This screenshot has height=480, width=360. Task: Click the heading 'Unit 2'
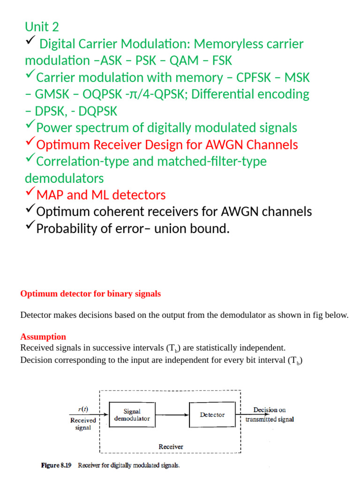tap(42, 27)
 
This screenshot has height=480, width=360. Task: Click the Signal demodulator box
tap(132, 415)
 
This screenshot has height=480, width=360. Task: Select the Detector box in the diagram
tap(212, 415)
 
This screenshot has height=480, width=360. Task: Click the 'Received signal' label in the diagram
tap(83, 424)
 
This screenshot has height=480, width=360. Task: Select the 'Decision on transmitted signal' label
tap(270, 415)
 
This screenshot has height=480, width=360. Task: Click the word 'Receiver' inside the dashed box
tap(171, 447)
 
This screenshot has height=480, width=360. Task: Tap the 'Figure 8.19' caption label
tap(56, 465)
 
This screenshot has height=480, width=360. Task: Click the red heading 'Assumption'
tap(43, 337)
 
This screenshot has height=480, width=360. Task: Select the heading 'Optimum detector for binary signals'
tap(90, 294)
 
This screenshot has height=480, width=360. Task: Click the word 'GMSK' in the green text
tap(56, 94)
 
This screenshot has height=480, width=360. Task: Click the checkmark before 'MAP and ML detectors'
tap(30, 193)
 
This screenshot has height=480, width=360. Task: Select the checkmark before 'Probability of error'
tap(30, 227)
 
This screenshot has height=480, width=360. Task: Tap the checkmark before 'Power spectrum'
tap(30, 126)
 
